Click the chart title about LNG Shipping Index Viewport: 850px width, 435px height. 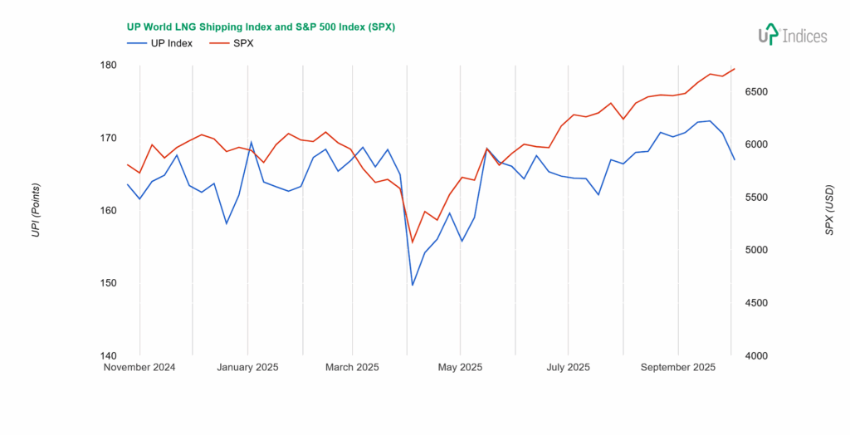[260, 27]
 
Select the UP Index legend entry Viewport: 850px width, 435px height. [159, 43]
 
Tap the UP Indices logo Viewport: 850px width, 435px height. [792, 35]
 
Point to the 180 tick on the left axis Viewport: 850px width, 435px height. [108, 65]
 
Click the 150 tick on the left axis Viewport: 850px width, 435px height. [108, 283]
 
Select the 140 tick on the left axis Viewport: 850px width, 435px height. [108, 355]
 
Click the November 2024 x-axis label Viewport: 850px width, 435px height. [139, 367]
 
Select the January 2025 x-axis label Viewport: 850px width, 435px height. [247, 367]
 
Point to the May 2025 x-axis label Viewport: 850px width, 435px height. [460, 367]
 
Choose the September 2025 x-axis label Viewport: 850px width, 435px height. [678, 367]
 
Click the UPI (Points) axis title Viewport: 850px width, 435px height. [36, 210]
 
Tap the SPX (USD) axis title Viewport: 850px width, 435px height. [829, 210]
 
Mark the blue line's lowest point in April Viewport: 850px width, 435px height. [413, 285]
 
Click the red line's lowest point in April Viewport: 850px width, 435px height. [413, 242]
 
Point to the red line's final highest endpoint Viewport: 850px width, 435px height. [735, 69]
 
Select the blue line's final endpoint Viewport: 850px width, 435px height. [735, 159]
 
